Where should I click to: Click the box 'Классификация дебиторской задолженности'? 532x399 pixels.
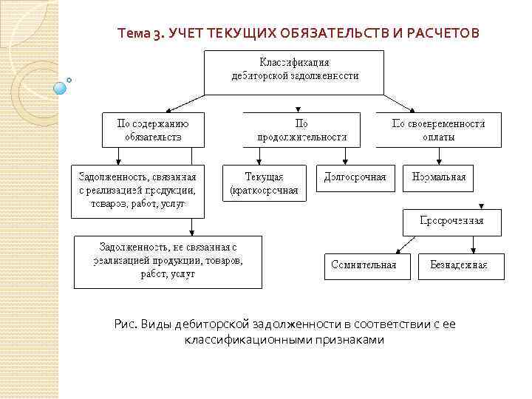point(294,72)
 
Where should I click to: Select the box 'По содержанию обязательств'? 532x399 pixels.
point(154,130)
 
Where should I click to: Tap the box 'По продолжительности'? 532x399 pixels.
point(301,130)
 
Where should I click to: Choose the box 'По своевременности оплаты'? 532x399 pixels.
point(439,130)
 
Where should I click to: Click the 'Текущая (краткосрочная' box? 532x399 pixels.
point(264,183)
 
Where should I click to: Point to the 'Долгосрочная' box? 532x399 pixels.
point(355,178)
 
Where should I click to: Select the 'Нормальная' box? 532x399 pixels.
point(438,178)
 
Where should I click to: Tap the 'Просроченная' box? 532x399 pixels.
point(451,222)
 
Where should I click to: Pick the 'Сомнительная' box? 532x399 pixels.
point(366,266)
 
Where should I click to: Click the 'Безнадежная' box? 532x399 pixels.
point(462,266)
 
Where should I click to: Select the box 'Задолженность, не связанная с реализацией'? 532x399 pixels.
point(168,261)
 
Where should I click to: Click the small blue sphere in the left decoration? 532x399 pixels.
point(61,88)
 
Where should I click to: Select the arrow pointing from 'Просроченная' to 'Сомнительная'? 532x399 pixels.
point(404,245)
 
